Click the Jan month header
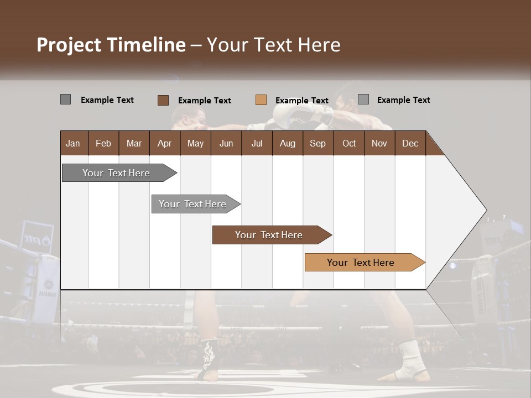[x=73, y=143]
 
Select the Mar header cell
[x=134, y=143]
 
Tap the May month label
[x=195, y=143]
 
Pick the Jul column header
[x=257, y=143]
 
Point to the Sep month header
[x=317, y=143]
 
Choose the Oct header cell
[x=349, y=143]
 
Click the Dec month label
[x=410, y=143]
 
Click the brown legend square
[x=163, y=100]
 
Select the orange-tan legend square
[x=261, y=100]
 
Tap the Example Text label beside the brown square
[x=205, y=101]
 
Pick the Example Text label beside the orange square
[x=302, y=101]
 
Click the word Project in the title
[x=69, y=45]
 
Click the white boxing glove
[x=290, y=116]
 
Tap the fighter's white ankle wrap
[x=410, y=356]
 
